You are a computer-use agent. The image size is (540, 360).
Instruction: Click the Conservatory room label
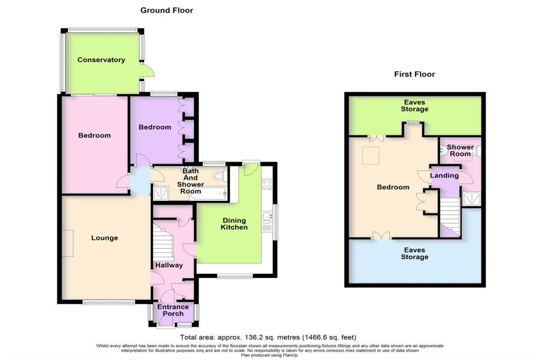[x=101, y=60]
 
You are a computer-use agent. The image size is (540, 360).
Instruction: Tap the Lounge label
[x=104, y=238]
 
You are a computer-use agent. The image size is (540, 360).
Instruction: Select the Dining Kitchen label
[x=235, y=223]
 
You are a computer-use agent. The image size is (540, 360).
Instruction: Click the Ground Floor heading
[x=167, y=10]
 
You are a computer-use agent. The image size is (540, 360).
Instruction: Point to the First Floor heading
[x=414, y=74]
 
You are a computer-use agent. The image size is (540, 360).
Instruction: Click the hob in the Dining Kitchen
[x=266, y=184]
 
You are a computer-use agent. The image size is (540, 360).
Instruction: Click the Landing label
[x=444, y=176]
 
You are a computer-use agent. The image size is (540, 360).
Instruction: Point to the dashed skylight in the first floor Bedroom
[x=369, y=156]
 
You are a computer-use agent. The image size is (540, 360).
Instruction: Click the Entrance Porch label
[x=173, y=310]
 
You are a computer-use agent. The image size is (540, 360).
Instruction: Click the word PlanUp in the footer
[x=293, y=355]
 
